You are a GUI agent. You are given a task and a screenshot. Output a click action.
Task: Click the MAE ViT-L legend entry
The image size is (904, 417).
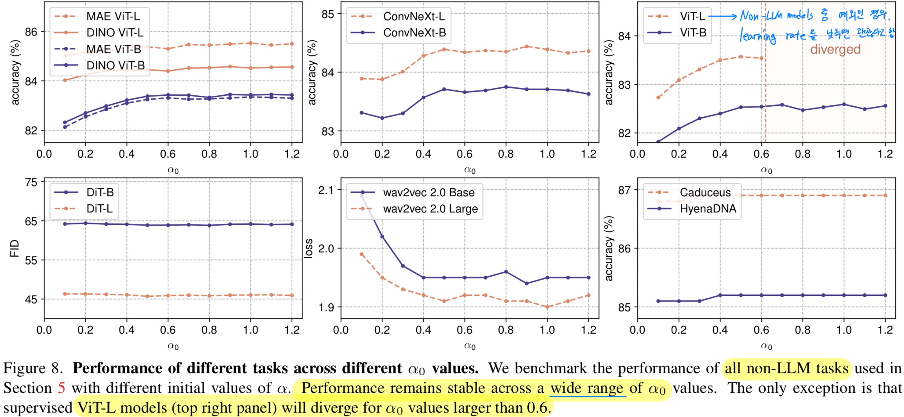113,16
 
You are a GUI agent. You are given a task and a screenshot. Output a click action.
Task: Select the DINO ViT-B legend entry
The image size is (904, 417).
115,65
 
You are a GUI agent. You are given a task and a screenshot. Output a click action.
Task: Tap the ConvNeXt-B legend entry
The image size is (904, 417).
414,33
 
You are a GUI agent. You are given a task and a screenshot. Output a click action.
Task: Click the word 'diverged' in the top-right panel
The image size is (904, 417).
835,49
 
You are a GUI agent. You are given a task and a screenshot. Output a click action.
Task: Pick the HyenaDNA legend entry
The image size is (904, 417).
708,209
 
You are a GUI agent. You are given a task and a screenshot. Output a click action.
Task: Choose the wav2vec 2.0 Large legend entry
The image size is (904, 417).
430,209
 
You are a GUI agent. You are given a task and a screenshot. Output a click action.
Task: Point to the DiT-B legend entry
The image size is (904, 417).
100,192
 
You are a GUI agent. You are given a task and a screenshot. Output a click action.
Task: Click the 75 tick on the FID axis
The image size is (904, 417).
31,182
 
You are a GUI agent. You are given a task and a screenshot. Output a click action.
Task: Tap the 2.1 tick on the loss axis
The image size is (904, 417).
326,190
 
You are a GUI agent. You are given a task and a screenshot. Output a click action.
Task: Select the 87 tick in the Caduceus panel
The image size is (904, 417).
624,190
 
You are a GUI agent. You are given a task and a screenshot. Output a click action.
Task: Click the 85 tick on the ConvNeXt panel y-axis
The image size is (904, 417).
328,14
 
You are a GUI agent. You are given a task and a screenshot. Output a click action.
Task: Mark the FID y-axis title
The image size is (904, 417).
15,248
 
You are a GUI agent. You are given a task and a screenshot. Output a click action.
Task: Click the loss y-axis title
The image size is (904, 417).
309,248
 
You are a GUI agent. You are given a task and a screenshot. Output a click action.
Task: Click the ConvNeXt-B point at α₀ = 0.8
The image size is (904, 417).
506,87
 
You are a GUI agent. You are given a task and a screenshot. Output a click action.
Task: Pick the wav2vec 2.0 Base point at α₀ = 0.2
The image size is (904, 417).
382,237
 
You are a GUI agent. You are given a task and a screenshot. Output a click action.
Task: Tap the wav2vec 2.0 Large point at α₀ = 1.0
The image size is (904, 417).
547,307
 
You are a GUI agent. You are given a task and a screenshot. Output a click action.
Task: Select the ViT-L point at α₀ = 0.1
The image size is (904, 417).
658,97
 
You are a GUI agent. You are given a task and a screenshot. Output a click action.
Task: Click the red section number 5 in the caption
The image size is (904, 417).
62,388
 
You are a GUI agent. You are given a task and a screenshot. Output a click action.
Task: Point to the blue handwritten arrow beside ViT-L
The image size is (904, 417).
722,17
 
